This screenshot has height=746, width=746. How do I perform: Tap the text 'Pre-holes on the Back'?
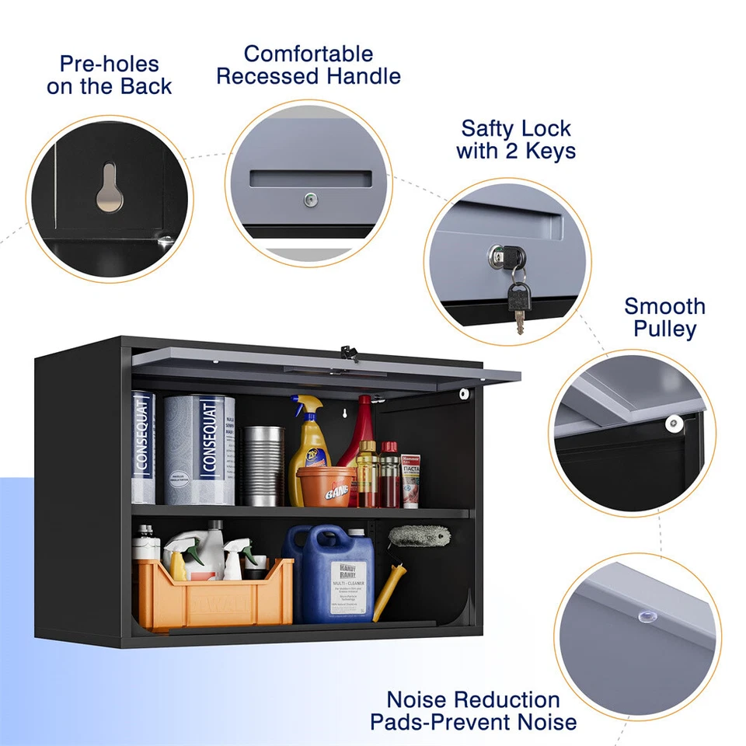coord(109,75)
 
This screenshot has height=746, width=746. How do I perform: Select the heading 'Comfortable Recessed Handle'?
coord(309,65)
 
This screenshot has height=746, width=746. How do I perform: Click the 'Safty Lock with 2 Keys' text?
coord(516,139)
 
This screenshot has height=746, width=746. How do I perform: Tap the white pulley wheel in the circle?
coord(673,423)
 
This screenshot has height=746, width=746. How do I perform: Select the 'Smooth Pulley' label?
coord(664,317)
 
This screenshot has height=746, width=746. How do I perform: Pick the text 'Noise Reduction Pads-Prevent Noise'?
coord(473,711)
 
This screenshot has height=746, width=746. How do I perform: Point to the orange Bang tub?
coord(326,486)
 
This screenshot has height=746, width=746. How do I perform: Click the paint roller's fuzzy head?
coord(420,536)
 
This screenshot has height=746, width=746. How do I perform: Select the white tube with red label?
coord(410,480)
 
